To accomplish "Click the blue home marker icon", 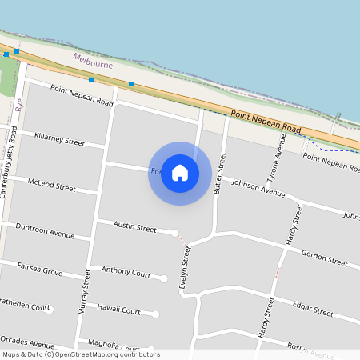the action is [180, 173].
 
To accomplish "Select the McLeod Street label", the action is [50, 185].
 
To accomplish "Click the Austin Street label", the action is [135, 228].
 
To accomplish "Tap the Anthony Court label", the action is [121, 272].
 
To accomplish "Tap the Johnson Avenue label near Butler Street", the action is [258, 188].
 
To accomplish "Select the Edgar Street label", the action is [313, 310].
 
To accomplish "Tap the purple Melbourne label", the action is [93, 61].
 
